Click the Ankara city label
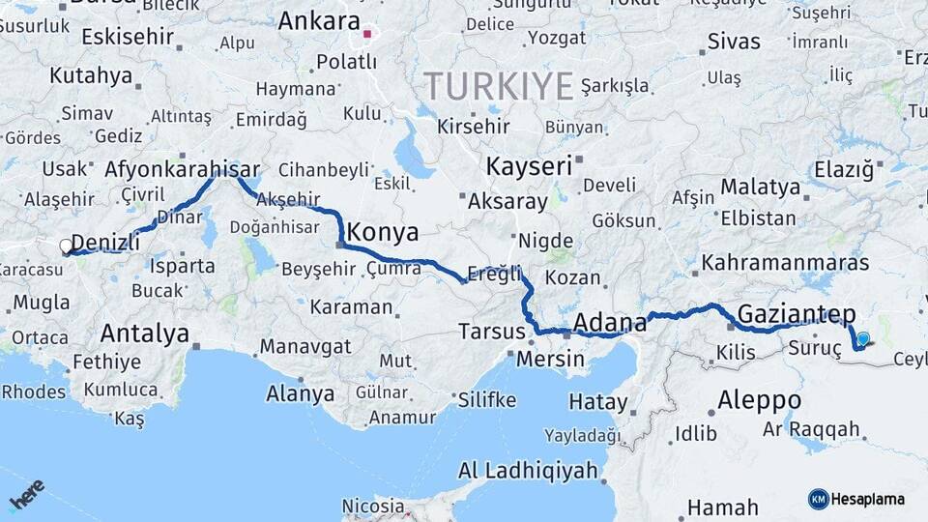(x=319, y=21)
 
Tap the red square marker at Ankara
(x=366, y=35)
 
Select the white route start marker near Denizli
(x=66, y=246)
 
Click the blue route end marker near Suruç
(x=862, y=339)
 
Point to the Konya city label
(x=383, y=232)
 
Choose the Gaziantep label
(x=797, y=312)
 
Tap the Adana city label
(x=610, y=321)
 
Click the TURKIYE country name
(x=499, y=87)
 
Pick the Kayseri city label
(x=529, y=166)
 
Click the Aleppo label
(x=759, y=399)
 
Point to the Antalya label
(x=145, y=333)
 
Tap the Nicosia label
(x=373, y=506)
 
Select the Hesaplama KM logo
(x=856, y=499)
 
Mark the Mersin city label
(x=551, y=359)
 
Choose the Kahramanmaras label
(x=785, y=262)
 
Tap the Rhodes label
(x=34, y=392)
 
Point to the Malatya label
(x=761, y=186)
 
